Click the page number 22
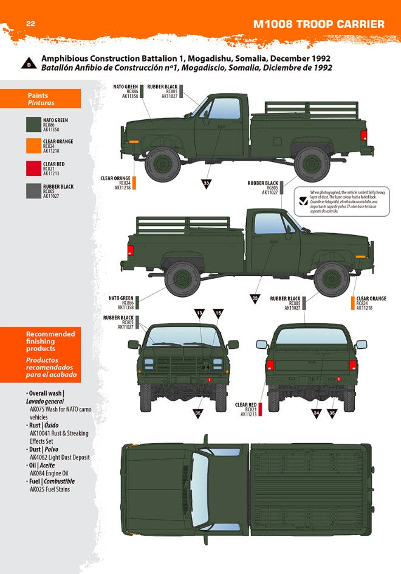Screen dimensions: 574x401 click(x=29, y=24)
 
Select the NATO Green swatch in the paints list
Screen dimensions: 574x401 click(x=33, y=125)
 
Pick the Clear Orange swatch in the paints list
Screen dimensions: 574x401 click(x=33, y=147)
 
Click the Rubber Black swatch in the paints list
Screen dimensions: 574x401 click(x=33, y=191)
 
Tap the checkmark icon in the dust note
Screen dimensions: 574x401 click(x=302, y=197)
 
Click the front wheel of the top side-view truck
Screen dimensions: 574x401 click(x=162, y=163)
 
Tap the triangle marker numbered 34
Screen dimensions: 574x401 click(x=316, y=413)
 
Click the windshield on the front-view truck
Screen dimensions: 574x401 click(x=183, y=335)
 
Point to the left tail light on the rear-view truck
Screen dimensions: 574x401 click(x=270, y=365)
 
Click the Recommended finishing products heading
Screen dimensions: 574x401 click(x=50, y=341)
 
